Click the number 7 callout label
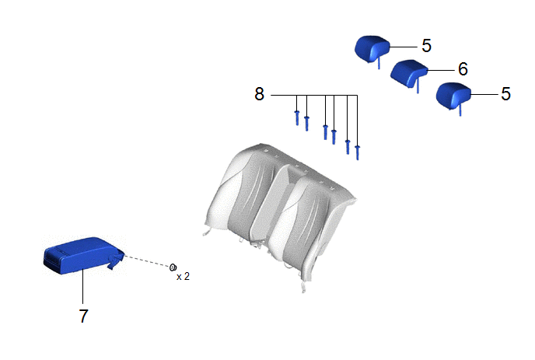tap(84, 316)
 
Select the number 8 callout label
tap(259, 94)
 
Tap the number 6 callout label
tap(463, 69)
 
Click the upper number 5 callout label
tap(426, 46)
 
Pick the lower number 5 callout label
tap(505, 94)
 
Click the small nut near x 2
tap(173, 267)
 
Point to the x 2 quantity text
tap(183, 276)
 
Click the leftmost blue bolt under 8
tap(297, 117)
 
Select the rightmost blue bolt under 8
tap(357, 152)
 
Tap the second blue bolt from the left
tap(306, 123)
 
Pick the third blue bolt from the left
tap(326, 132)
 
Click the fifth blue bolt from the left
tap(348, 147)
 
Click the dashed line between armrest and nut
tap(147, 260)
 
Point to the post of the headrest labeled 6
tap(418, 84)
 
